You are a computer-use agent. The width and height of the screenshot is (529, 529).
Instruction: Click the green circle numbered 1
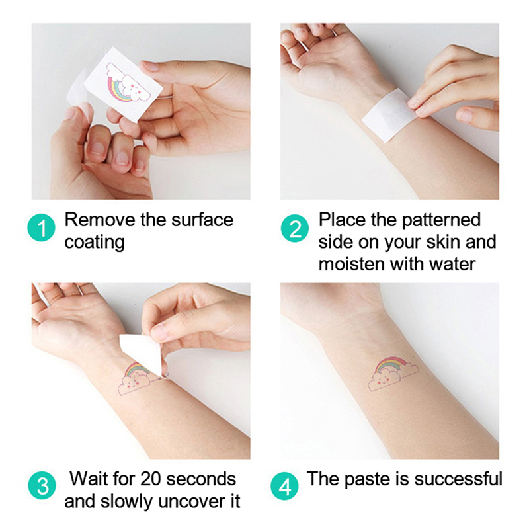point(41,227)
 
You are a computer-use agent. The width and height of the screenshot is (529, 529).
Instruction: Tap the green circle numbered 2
point(294,228)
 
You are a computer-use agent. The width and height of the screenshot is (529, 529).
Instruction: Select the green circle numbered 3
point(42,485)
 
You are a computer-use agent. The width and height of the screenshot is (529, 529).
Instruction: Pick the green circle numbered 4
point(284,486)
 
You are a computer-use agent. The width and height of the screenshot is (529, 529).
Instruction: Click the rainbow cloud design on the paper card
point(128,83)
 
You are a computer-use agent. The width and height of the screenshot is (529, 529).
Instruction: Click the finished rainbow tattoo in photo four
point(393,374)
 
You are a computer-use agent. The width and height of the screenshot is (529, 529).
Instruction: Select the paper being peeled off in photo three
point(142,354)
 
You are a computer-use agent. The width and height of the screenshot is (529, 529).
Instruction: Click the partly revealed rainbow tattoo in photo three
point(134,378)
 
